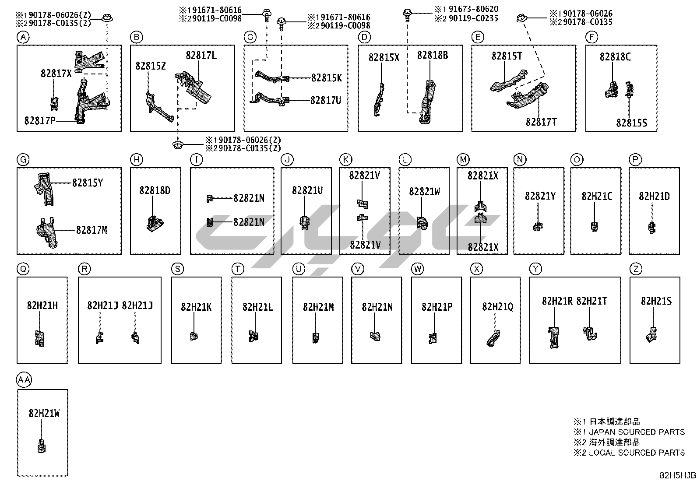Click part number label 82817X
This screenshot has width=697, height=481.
tap(56, 74)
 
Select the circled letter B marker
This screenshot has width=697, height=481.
tap(137, 38)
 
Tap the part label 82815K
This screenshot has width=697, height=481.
tap(327, 78)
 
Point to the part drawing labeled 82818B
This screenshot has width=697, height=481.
tap(428, 101)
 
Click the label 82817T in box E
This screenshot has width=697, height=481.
tap(541, 122)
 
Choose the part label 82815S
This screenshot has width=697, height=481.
tap(631, 123)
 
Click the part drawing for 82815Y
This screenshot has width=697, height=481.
tap(45, 188)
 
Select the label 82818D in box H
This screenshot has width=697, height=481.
tap(155, 190)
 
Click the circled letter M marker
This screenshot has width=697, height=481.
tap(463, 160)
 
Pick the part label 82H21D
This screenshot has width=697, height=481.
tap(654, 197)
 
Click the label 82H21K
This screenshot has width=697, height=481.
tap(196, 307)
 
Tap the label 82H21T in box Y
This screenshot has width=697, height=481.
tap(591, 301)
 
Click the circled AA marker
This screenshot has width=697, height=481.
tap(24, 380)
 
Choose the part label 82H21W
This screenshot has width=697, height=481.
tap(44, 413)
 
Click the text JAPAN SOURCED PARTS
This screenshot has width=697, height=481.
tap(637, 432)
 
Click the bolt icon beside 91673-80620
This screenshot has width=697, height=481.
tap(407, 14)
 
